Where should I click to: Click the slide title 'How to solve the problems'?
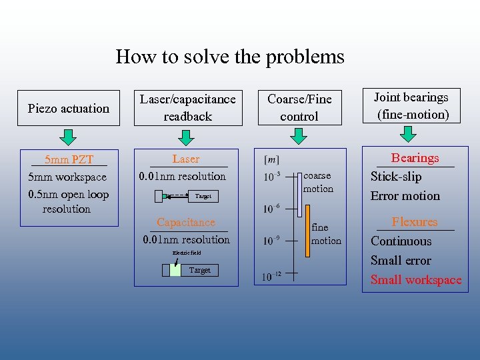(x=230, y=57)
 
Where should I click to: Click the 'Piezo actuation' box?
(x=69, y=108)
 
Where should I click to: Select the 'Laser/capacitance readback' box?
(x=187, y=107)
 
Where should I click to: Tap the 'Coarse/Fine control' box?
(x=299, y=107)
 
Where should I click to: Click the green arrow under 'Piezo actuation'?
(x=67, y=138)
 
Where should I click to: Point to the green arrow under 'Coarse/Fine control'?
(x=299, y=137)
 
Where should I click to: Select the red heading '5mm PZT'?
(x=69, y=160)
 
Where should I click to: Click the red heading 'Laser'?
(x=185, y=159)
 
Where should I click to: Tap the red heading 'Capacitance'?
(x=186, y=223)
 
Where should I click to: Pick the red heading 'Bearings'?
(x=415, y=158)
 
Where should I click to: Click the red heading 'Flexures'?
(x=415, y=222)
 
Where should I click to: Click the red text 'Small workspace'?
(x=416, y=280)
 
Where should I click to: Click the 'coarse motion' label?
(x=317, y=182)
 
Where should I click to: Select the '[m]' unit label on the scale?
(x=272, y=159)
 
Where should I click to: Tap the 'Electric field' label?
(x=187, y=253)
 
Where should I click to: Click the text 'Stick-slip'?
(x=396, y=177)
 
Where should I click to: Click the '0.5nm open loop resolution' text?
(x=68, y=201)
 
